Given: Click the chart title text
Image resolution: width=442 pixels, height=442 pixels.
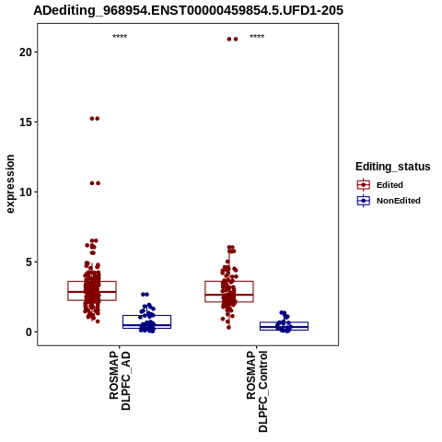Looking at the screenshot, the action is pos(188,10).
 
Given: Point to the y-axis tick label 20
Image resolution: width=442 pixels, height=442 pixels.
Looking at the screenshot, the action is pos(26,52).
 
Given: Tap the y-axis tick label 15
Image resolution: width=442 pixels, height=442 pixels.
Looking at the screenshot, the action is pos(26,122).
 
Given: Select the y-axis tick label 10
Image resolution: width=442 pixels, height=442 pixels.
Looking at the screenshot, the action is pos(26,192).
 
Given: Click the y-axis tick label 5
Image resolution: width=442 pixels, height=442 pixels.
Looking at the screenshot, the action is pos(29,262).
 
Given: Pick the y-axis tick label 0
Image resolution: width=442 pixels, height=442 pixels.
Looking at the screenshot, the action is pos(29,332).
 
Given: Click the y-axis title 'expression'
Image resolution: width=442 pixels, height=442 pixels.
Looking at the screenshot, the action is pos(10,184).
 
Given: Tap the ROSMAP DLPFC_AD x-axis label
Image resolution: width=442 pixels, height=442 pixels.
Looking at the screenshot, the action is pos(120,381).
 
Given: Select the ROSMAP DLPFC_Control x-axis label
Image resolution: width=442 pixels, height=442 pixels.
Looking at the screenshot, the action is pos(257,391).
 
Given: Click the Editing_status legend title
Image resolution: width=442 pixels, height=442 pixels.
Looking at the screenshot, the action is pos(393,167).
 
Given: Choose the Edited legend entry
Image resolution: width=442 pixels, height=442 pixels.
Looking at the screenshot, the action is pos(380,185).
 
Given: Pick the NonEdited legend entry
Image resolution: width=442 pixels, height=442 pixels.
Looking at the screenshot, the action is pos(389,201).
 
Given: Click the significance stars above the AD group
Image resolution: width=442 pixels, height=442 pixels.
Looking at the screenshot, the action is pos(120,37).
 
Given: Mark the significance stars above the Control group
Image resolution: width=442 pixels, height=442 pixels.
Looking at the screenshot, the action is pos(257,37).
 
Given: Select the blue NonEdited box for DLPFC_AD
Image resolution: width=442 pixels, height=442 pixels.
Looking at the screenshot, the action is pos(146,316).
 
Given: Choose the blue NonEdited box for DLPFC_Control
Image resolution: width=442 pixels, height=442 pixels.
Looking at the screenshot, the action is pos(284,322).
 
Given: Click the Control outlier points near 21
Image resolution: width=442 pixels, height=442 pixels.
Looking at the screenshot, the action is pos(232,39).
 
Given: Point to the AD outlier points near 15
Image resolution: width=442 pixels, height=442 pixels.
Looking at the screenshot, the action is pos(95,119).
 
